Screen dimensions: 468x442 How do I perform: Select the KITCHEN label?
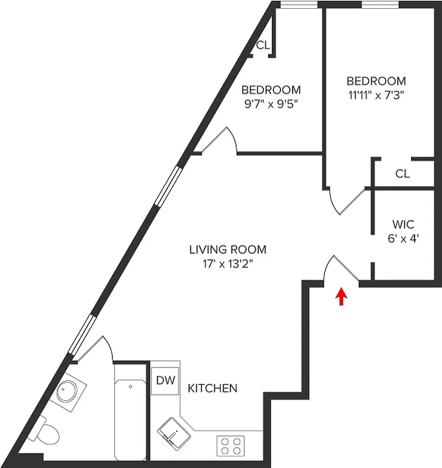(x=213, y=388)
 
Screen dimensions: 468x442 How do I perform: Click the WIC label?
(x=403, y=224)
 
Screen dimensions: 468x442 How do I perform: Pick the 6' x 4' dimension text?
(x=403, y=238)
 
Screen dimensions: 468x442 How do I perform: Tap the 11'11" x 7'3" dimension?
(x=376, y=94)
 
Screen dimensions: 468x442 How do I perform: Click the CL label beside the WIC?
(x=402, y=174)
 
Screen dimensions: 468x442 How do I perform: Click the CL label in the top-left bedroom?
(x=263, y=45)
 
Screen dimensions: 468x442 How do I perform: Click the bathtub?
(x=129, y=412)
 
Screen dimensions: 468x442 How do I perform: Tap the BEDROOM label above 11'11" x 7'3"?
(x=376, y=81)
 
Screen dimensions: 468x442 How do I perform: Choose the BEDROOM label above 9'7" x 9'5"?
(x=271, y=90)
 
